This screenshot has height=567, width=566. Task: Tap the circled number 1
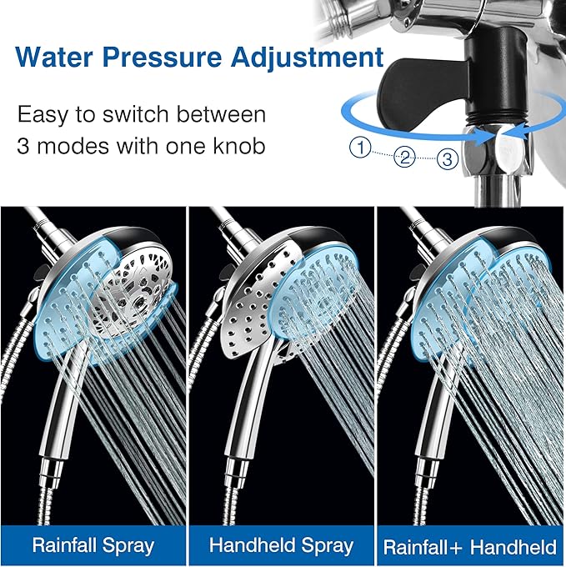point(360,148)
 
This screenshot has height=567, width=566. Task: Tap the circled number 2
point(405,156)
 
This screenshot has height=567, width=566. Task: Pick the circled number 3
point(448,158)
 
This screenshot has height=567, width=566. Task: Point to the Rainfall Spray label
point(93,546)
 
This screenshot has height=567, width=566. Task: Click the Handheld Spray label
point(282,546)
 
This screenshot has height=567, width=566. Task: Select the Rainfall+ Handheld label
point(469,548)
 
